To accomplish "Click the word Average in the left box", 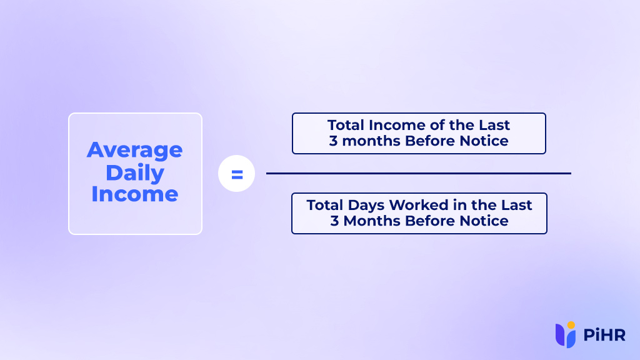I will point(134,150).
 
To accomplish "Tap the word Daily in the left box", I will point(134,172).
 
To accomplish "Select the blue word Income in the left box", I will point(134,194).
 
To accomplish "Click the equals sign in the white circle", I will point(236,174).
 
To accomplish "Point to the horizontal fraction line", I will point(418,173).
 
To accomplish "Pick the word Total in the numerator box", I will point(347,125).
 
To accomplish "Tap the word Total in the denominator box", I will point(326,205).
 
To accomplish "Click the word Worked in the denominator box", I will point(417,205).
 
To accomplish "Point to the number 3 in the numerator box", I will point(333,141).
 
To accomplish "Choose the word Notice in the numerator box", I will point(484,141).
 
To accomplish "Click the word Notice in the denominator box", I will point(484,221).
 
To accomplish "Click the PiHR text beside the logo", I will point(604,336).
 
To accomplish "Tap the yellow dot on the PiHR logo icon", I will point(571,324).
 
